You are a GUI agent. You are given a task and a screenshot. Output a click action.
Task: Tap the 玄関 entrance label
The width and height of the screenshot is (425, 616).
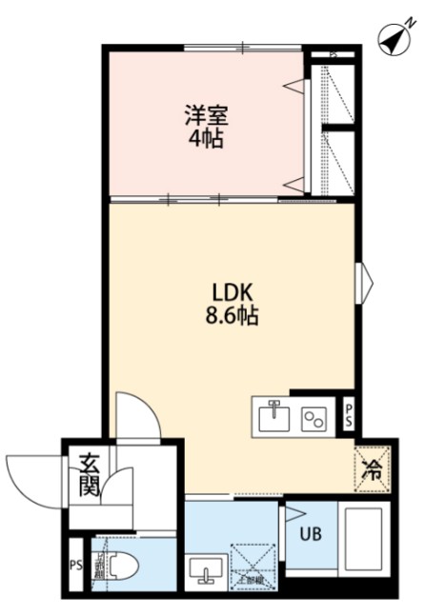click(x=90, y=477)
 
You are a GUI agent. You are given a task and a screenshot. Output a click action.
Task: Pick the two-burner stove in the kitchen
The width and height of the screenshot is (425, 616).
click(x=314, y=417)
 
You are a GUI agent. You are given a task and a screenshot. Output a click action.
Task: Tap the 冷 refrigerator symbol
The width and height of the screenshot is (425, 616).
click(x=374, y=467)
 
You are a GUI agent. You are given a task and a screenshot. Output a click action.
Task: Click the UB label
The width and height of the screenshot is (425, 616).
click(x=310, y=534)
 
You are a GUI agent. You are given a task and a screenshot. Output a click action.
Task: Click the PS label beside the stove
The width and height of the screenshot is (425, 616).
click(x=349, y=414)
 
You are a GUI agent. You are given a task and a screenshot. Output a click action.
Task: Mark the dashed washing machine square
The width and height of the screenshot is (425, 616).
click(x=253, y=566)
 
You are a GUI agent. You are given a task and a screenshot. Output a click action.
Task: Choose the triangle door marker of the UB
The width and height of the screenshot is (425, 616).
click(x=291, y=514)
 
